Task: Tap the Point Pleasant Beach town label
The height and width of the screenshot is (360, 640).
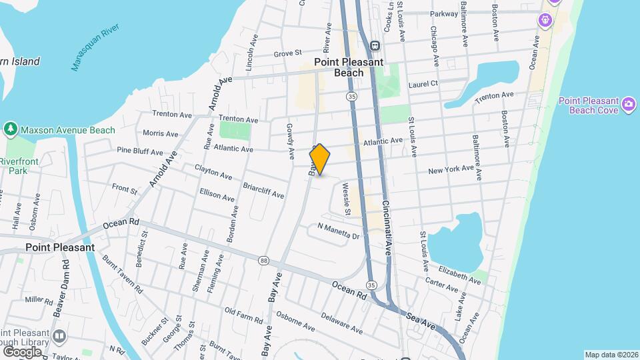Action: click(349, 67)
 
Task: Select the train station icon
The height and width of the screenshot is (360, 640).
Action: click(375, 46)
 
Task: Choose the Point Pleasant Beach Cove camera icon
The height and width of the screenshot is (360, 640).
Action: click(628, 105)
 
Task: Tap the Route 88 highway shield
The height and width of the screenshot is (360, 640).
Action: click(264, 260)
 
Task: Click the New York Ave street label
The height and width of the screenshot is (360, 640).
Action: click(451, 171)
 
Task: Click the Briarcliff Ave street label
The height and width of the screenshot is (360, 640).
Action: click(263, 191)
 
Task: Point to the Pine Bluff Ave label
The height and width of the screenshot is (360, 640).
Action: click(139, 152)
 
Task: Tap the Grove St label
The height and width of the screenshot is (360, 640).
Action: click(288, 52)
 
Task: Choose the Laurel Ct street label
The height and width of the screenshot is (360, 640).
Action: click(423, 84)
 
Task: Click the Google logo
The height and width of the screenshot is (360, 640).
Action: click(21, 351)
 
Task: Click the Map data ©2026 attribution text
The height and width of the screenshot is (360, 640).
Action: click(611, 355)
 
